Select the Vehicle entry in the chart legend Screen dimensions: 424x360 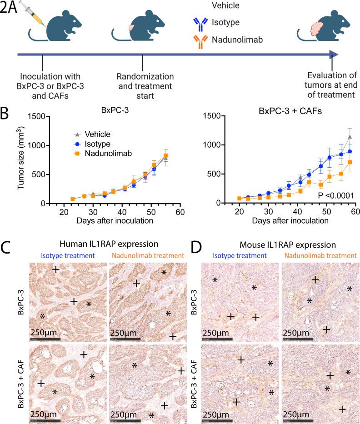[93, 134]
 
